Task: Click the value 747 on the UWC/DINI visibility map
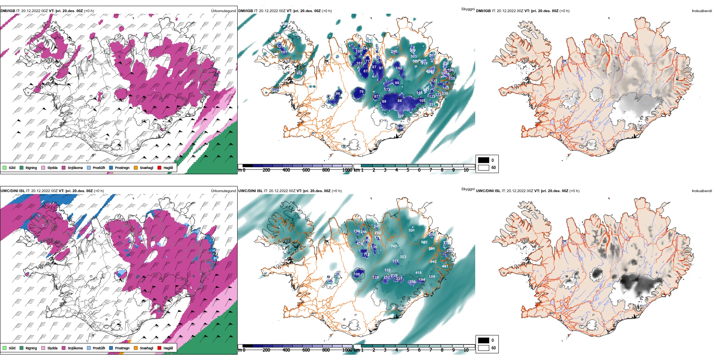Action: (x=394, y=246)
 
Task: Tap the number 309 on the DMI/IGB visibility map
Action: (x=412, y=50)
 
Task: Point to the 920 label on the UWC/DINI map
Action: (x=424, y=242)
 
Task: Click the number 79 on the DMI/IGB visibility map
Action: (x=361, y=92)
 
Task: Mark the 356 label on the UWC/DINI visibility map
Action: (x=412, y=282)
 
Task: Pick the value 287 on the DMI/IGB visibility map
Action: (x=401, y=116)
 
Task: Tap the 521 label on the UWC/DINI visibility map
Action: (x=412, y=230)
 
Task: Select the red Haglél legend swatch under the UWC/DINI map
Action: (x=160, y=348)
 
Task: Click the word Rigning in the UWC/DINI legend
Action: (x=31, y=348)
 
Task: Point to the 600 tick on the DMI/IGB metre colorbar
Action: (x=306, y=170)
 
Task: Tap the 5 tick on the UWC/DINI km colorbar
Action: (x=408, y=350)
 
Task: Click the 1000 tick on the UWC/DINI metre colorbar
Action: (x=347, y=350)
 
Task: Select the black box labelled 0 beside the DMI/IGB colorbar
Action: (x=484, y=160)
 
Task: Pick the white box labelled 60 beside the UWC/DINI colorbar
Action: (x=484, y=348)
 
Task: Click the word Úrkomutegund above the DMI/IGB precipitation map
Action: (x=223, y=11)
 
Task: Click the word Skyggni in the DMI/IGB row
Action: (x=468, y=9)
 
